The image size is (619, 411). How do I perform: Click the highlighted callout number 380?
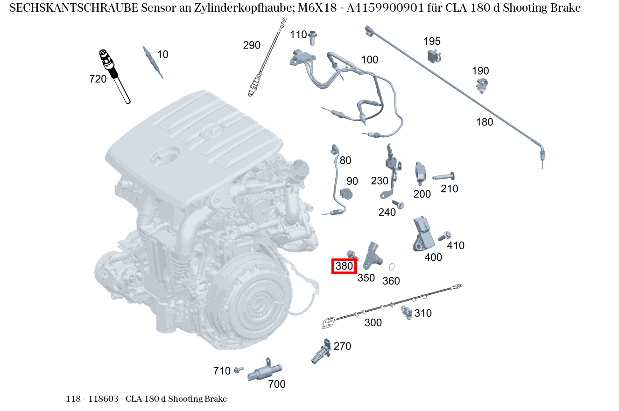(x=344, y=266)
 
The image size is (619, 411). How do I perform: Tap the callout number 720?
(x=98, y=79)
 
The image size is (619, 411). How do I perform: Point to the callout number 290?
(x=252, y=45)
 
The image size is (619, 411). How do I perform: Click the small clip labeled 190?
(x=482, y=86)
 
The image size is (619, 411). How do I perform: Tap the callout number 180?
(x=485, y=122)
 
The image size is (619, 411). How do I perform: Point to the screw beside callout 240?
(x=398, y=204)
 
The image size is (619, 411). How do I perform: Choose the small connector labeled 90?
(x=346, y=193)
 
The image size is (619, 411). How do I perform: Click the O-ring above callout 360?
(x=392, y=267)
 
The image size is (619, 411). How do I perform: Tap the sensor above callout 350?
(x=373, y=254)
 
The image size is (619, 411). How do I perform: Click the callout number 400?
(x=433, y=257)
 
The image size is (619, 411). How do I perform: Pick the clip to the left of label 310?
(x=407, y=313)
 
